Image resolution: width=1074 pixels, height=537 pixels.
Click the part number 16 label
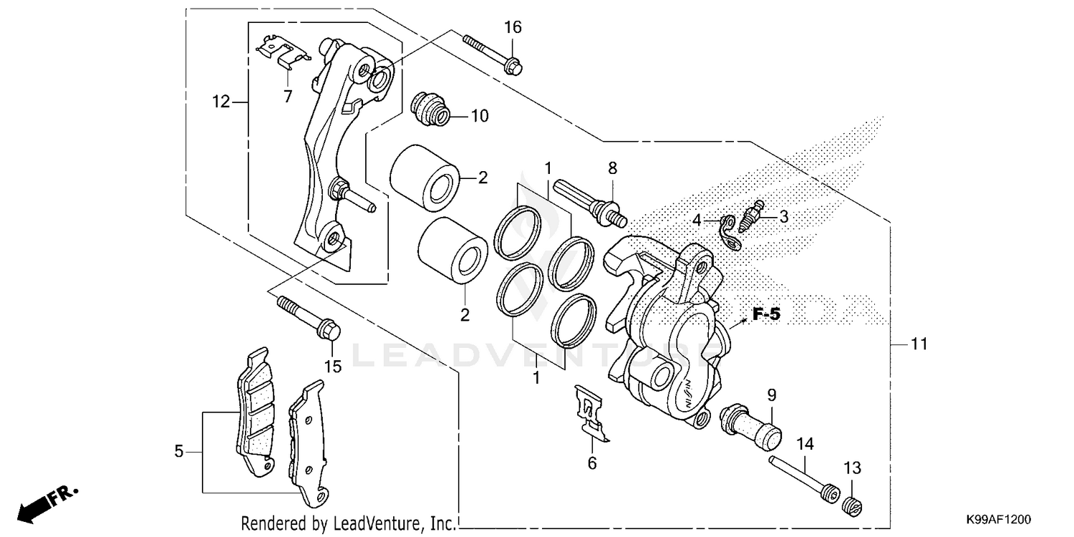pos(513,27)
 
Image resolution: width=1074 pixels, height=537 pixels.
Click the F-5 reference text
pos(765,314)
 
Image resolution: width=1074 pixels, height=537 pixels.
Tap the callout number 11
pos(919,344)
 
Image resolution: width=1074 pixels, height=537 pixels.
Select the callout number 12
pos(221,102)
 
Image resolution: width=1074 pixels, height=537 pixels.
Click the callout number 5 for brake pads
pos(179,451)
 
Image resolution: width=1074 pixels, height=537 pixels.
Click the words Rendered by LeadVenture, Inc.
pos(347,523)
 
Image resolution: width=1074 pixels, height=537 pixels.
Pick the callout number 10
pos(479,115)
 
